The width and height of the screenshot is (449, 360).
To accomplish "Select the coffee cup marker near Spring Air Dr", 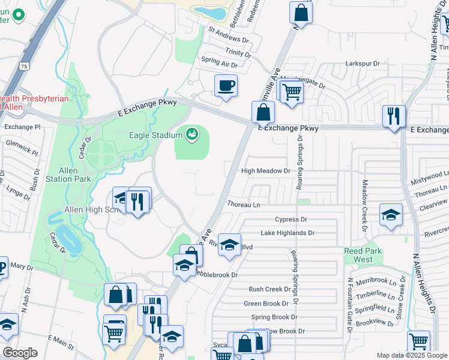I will pyautogui.click(x=226, y=85).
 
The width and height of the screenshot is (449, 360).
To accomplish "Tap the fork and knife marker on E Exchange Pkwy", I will pyautogui.click(x=394, y=117).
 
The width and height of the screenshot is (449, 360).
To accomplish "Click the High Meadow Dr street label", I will pyautogui.click(x=265, y=171).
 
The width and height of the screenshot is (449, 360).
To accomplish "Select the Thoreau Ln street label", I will pyautogui.click(x=243, y=205).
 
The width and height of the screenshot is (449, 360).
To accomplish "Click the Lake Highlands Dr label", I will pyautogui.click(x=287, y=233).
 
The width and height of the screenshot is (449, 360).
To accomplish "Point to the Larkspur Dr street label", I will pyautogui.click(x=363, y=63).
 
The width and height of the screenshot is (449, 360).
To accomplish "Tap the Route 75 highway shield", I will pyautogui.click(x=24, y=65).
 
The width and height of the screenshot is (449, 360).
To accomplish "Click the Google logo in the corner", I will pyautogui.click(x=20, y=352).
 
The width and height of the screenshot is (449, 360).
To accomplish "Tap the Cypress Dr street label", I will pyautogui.click(x=291, y=220).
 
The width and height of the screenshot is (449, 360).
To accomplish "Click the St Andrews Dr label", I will pyautogui.click(x=228, y=35).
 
